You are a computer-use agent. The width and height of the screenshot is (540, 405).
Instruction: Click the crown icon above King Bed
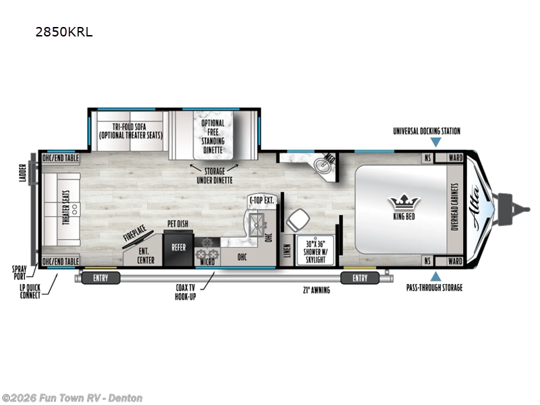404,202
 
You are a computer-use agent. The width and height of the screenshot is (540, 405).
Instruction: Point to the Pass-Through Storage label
435,288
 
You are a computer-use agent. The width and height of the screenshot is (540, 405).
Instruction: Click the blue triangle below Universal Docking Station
436,142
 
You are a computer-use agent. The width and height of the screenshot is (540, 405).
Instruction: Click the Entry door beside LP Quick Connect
96,277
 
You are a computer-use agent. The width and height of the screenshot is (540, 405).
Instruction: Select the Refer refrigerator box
178,248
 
